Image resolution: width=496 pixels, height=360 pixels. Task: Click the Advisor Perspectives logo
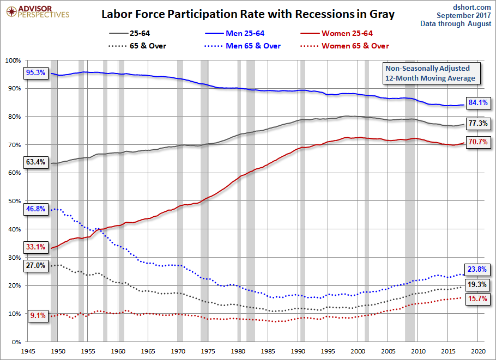(38, 11)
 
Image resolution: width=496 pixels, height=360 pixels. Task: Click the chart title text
(248, 14)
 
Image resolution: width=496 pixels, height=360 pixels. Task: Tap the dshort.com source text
(471, 7)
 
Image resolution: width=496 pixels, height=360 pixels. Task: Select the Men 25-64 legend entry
(234, 33)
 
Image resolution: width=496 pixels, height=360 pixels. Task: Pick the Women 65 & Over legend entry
(344, 46)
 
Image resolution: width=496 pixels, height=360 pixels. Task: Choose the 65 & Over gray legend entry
(137, 46)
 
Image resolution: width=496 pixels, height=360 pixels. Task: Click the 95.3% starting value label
(36, 72)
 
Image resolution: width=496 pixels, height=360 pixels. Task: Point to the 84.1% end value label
(478, 102)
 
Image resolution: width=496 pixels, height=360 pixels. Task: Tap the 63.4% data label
(36, 162)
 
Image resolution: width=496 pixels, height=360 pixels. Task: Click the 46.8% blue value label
(36, 209)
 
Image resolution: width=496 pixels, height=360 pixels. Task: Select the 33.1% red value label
(36, 247)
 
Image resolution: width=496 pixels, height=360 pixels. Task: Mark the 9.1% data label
(38, 315)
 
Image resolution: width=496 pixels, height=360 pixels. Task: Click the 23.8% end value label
(477, 269)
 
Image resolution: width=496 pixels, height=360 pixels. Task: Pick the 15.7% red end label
(477, 298)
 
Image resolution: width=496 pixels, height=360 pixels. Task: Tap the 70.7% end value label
(478, 142)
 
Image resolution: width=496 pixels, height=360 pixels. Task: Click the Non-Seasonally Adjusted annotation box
(431, 73)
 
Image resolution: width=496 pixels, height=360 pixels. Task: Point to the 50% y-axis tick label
(15, 201)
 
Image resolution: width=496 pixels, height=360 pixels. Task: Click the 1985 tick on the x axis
(268, 351)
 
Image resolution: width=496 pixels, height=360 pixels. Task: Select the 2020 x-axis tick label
(477, 351)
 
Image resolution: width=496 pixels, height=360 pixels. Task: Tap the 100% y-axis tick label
(13, 60)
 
